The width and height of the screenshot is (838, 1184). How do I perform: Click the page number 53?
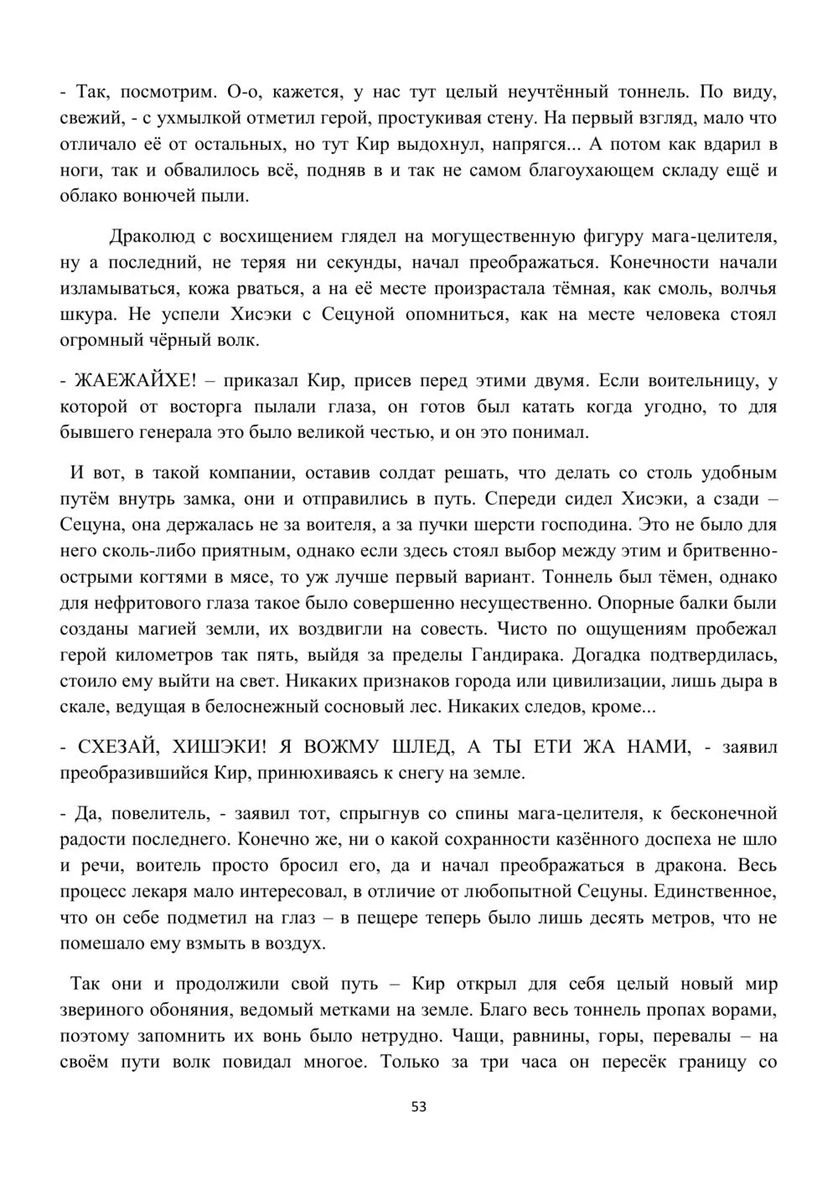coord(419,1106)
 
